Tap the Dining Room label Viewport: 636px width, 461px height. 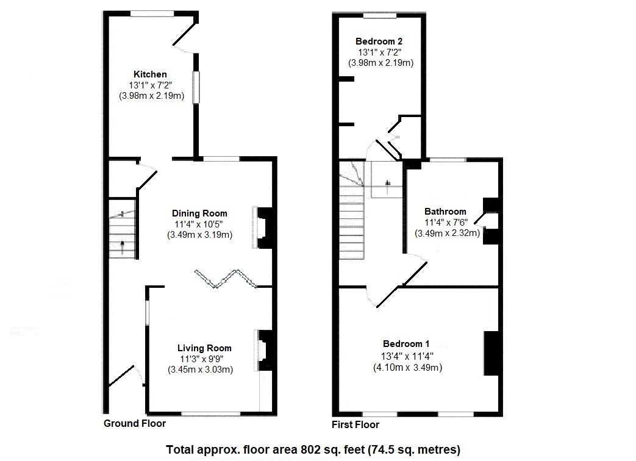[x=199, y=213]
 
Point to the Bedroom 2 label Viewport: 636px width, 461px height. [x=379, y=41]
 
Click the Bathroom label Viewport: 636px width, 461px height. [x=445, y=212]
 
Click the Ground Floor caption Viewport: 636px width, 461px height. [x=134, y=424]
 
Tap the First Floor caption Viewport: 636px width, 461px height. [x=355, y=425]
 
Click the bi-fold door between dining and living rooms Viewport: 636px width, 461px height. [x=226, y=279]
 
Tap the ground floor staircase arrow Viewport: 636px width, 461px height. [x=123, y=247]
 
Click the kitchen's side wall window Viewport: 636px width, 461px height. [x=196, y=87]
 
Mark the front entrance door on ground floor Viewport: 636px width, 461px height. [x=122, y=375]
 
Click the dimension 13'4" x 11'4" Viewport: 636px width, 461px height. [x=407, y=356]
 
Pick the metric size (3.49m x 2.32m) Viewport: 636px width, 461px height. [x=447, y=233]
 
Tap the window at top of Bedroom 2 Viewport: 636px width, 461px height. [x=380, y=15]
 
